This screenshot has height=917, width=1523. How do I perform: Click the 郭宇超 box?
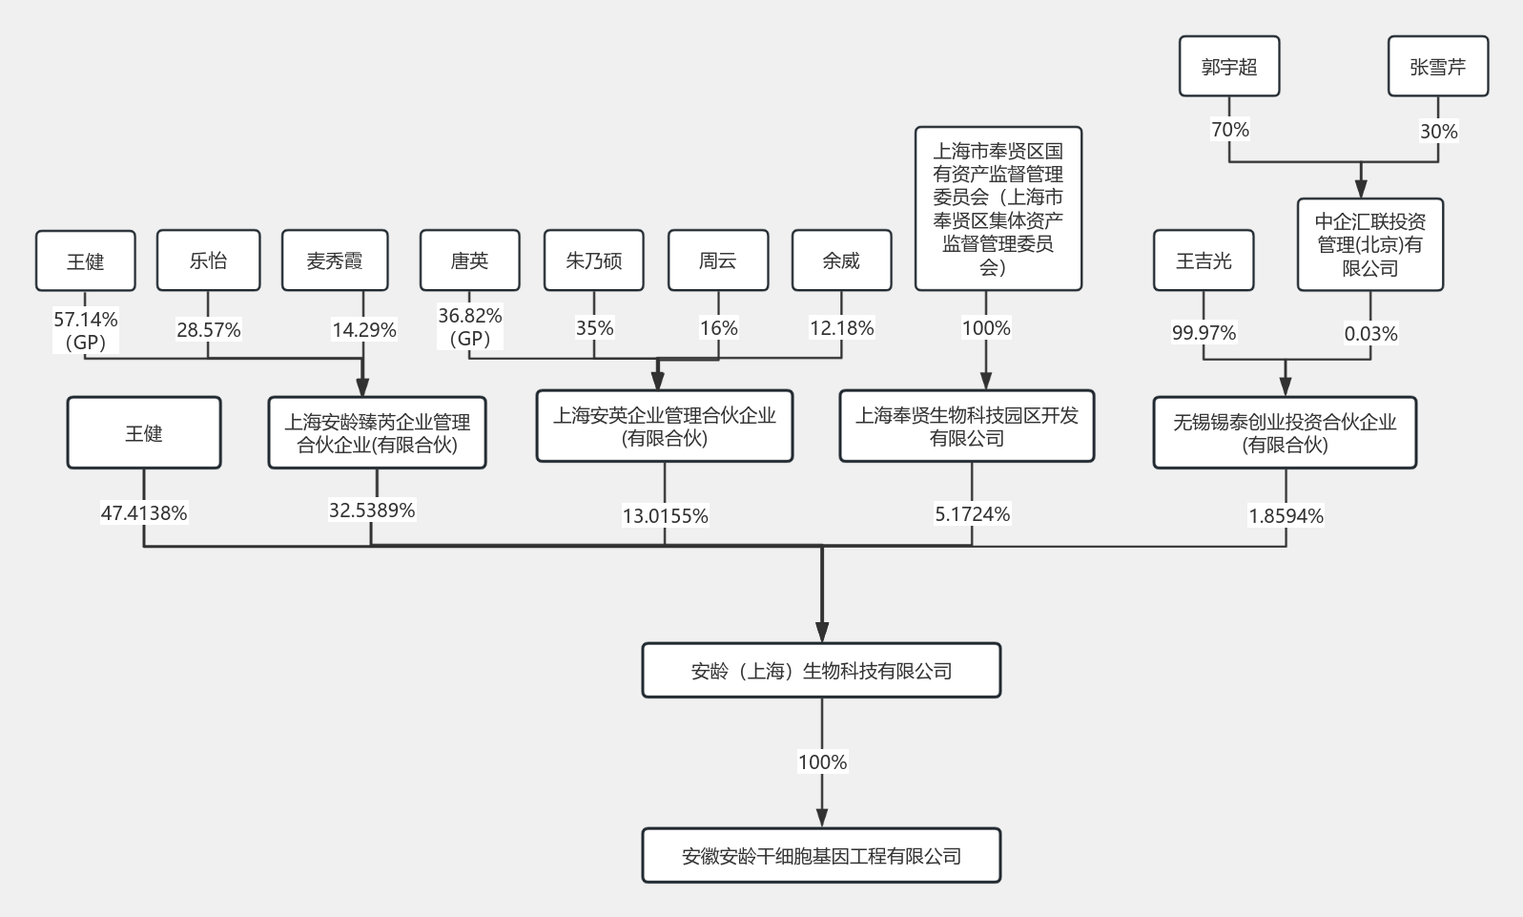[x=1229, y=66]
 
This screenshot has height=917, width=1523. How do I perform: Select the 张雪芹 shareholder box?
[x=1438, y=66]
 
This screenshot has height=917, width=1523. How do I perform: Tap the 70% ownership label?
[x=1230, y=129]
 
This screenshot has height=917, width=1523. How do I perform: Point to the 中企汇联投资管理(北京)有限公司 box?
[x=1370, y=245]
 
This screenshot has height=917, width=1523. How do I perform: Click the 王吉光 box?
[x=1204, y=261]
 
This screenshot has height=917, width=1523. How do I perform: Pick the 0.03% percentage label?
[x=1370, y=334]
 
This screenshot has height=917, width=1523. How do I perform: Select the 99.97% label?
[x=1204, y=333]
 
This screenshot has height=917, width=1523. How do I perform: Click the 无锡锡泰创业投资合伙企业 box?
[x=1285, y=432]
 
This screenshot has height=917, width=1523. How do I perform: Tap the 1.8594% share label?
[x=1286, y=515]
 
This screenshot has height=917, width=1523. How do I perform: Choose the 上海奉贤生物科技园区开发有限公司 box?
[x=967, y=426]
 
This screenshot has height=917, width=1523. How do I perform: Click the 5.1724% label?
[x=973, y=513]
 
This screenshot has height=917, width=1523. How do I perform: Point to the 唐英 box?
[x=470, y=261]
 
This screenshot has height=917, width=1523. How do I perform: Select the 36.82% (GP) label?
[x=470, y=326]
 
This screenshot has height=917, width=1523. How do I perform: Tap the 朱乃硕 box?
[x=593, y=261]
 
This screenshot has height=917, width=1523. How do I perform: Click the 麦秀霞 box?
[x=335, y=261]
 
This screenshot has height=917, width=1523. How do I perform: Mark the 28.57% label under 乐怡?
[x=208, y=330]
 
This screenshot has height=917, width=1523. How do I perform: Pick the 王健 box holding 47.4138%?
[x=144, y=432]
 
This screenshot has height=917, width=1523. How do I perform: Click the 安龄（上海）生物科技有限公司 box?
[x=821, y=671]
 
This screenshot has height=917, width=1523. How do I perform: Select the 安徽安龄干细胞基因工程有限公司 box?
[x=821, y=856]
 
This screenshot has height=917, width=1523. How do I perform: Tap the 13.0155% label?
[x=665, y=515]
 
